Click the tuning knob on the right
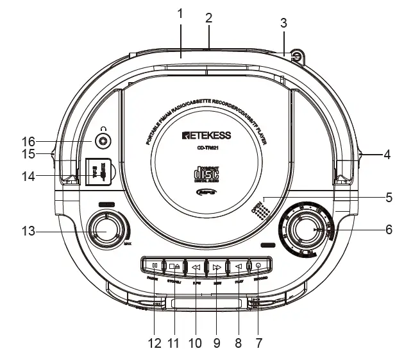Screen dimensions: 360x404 click(303, 229)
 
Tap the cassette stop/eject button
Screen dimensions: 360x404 click(174, 266)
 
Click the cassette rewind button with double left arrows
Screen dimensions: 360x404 click(196, 266)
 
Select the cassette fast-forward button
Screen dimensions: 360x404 click(217, 266)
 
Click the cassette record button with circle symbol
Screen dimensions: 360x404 click(258, 266)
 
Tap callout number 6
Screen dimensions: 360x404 click(389, 229)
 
